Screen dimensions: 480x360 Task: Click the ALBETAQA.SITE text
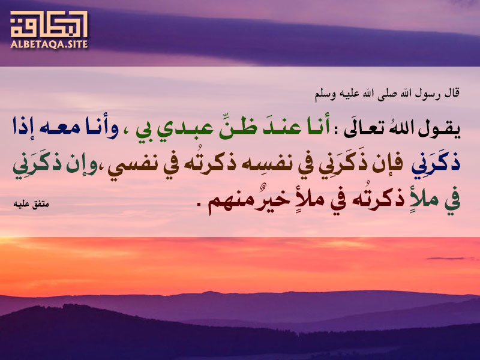[49, 44]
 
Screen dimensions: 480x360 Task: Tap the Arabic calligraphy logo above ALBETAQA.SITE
[49, 24]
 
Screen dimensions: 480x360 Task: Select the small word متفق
[41, 205]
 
